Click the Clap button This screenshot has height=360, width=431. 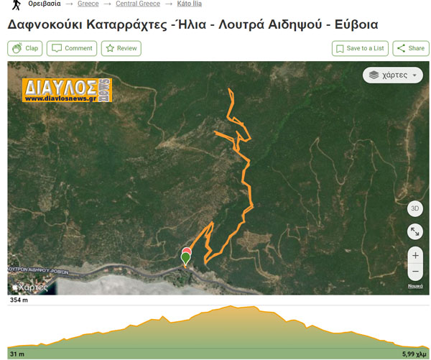25,48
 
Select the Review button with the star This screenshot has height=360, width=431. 121,48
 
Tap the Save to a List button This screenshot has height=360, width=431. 359,48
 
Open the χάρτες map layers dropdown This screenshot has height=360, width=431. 392,75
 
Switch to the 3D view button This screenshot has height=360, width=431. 414,208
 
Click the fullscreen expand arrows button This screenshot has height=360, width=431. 414,231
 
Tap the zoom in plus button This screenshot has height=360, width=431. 414,255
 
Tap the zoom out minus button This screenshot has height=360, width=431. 414,272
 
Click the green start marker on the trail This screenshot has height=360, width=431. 186,258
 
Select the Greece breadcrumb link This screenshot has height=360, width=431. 88,4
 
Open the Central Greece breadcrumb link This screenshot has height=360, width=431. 138,4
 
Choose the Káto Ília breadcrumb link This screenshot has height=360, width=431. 189,4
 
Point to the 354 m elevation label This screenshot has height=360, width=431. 19,300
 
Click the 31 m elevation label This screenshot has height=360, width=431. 17,354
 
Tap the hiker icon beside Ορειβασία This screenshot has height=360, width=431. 14,4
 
